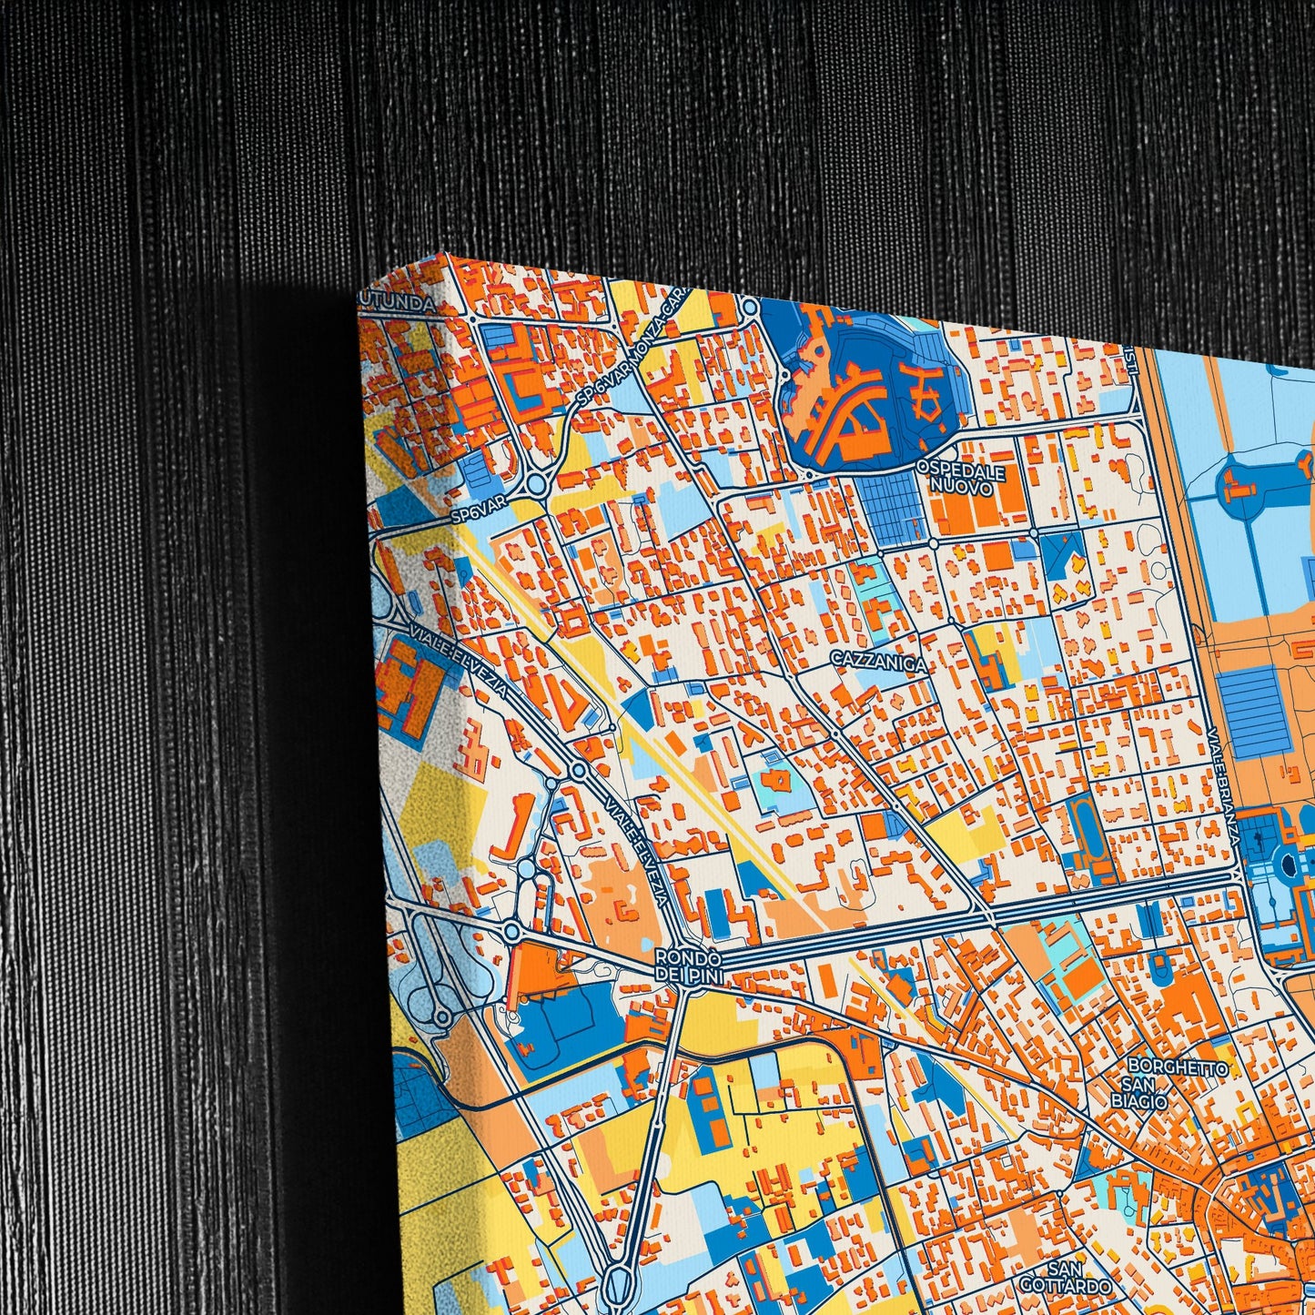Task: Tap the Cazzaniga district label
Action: click(879, 664)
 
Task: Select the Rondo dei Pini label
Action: click(688, 966)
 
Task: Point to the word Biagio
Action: click(1144, 1102)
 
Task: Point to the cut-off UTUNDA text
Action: click(397, 306)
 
